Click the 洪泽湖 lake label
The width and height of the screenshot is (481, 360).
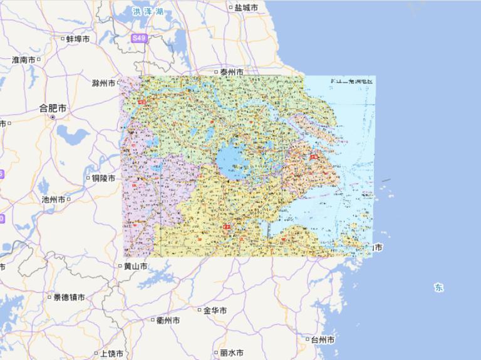(x=148, y=12)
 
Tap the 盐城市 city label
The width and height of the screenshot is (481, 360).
(x=246, y=8)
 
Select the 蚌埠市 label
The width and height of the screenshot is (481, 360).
(x=78, y=39)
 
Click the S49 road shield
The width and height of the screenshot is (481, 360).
(x=138, y=38)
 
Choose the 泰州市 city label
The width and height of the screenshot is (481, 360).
(x=230, y=73)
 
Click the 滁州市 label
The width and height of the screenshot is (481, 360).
(x=103, y=83)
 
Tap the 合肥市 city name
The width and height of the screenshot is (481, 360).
(x=53, y=108)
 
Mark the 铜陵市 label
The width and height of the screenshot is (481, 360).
(x=103, y=178)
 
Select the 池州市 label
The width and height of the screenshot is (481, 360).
(x=53, y=200)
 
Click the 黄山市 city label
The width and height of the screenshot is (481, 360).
(x=135, y=266)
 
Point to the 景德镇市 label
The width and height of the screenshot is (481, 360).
(x=69, y=297)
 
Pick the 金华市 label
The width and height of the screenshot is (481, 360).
(x=215, y=310)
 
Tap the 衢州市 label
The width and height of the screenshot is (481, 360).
(x=168, y=320)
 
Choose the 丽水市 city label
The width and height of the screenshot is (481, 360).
(x=231, y=353)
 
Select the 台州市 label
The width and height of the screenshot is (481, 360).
(x=323, y=340)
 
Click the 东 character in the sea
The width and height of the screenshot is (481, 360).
(x=438, y=287)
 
